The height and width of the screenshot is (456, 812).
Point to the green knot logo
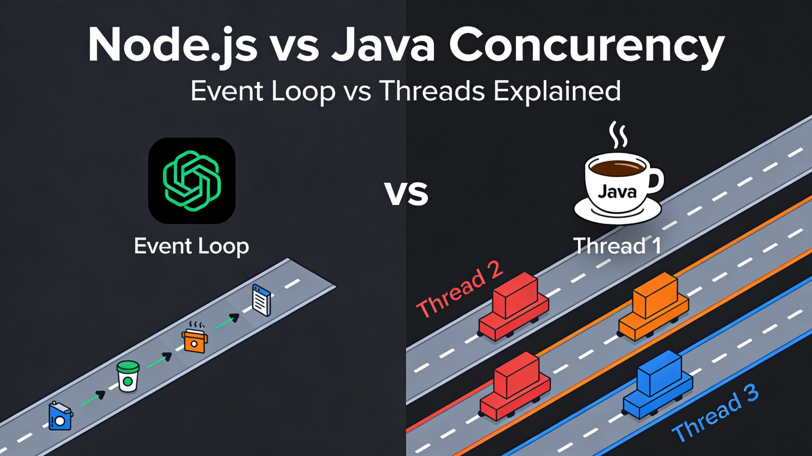point(192,181)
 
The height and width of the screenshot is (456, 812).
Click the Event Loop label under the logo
point(192,246)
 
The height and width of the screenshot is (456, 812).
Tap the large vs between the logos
point(406,193)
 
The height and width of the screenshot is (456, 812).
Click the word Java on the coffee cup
point(617,192)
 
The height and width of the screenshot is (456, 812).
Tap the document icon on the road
point(261,300)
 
